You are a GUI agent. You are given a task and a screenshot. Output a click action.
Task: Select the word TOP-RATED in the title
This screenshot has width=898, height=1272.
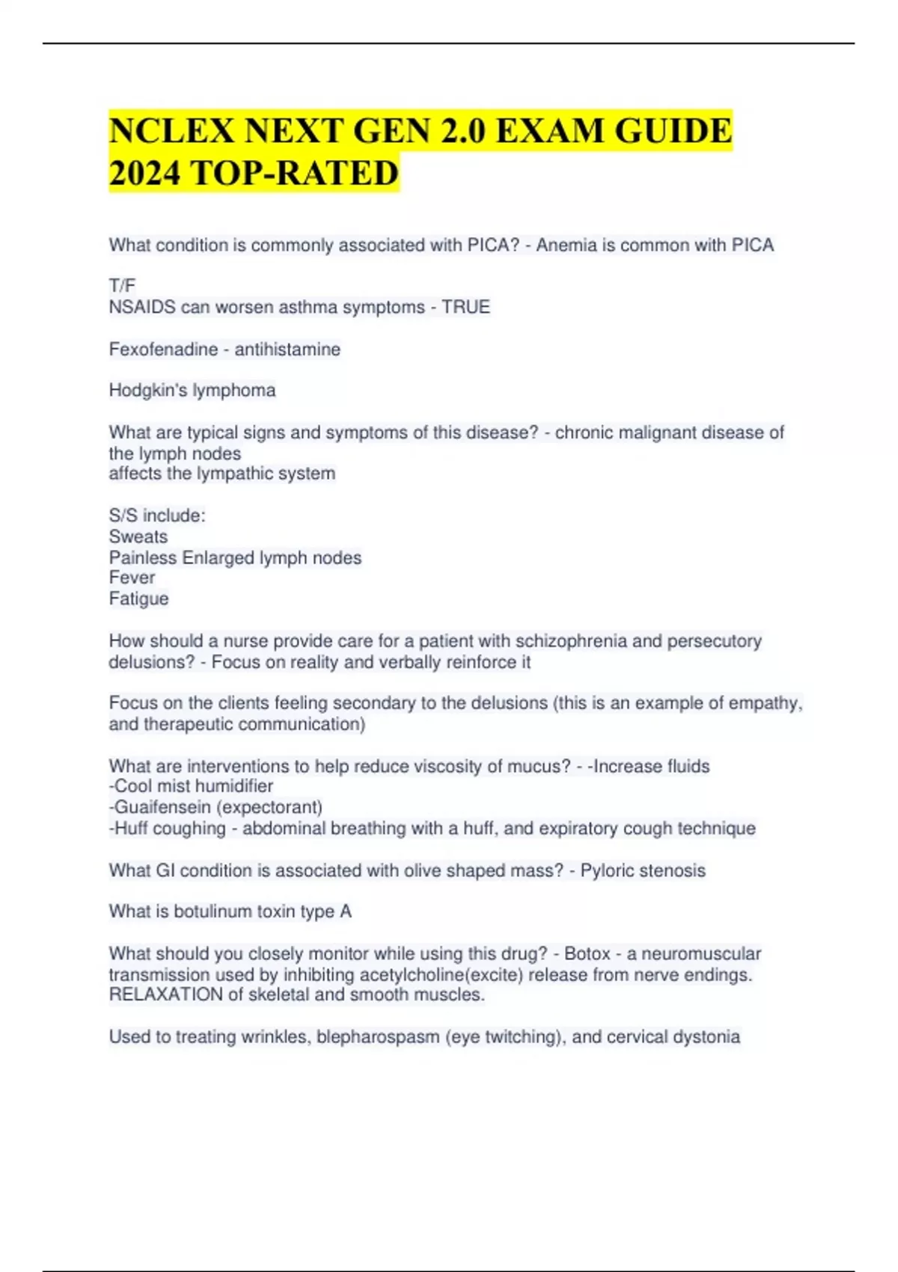(295, 174)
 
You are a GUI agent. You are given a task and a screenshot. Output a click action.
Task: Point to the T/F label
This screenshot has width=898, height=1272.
(122, 286)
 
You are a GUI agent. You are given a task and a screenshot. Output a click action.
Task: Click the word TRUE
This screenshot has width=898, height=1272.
(465, 307)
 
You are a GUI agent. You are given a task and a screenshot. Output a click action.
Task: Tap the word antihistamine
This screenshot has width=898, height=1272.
(287, 349)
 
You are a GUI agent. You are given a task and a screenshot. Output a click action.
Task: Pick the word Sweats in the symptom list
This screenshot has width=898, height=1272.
(138, 536)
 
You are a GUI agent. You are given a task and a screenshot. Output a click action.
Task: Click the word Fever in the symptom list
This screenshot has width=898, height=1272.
(132, 578)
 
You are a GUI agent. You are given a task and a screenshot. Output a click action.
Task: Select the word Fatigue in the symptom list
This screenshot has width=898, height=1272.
(138, 599)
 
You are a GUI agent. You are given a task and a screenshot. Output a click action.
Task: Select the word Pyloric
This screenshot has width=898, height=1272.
(607, 871)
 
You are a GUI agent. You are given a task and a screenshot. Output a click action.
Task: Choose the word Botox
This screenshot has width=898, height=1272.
(587, 954)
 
